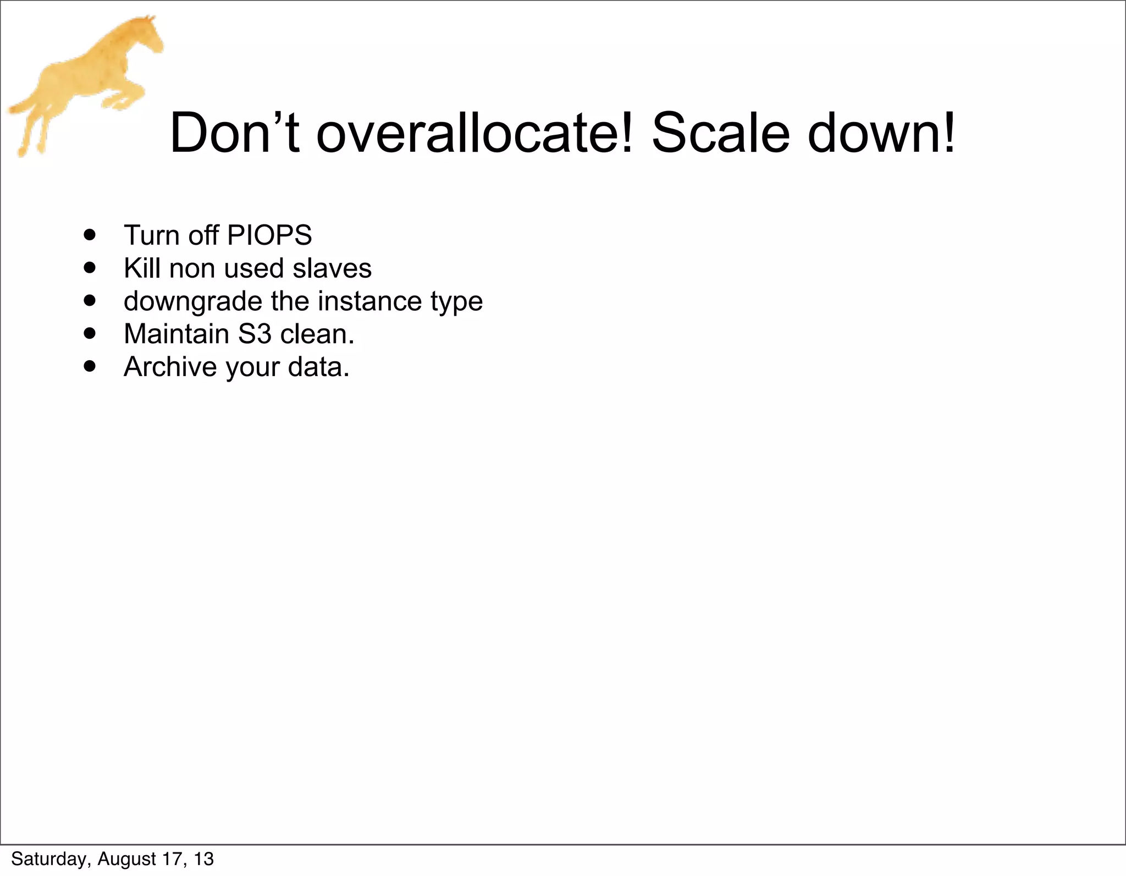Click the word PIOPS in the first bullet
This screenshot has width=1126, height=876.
coord(269,235)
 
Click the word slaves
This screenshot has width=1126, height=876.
coord(332,268)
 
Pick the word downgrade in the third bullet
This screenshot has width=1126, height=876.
coord(192,302)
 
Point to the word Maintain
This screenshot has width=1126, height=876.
coord(176,334)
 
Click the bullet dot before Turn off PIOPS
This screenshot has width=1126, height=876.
coord(90,235)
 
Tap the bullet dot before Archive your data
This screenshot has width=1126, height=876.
coord(90,367)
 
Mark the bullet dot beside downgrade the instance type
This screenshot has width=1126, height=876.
coord(90,301)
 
